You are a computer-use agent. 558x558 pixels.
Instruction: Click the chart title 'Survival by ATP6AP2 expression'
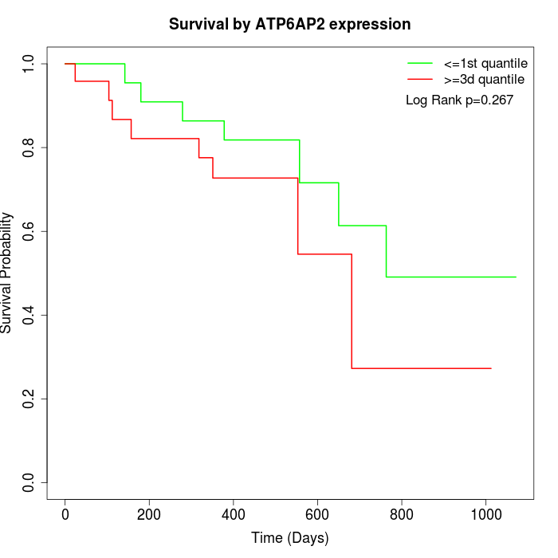(289, 25)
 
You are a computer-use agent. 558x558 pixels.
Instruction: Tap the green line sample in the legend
(420, 63)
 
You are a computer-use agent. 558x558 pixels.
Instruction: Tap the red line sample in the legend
(420, 80)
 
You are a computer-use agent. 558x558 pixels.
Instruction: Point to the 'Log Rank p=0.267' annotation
(459, 100)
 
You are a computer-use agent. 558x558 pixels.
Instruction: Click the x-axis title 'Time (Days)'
(289, 538)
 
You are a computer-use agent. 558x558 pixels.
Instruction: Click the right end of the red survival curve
(491, 368)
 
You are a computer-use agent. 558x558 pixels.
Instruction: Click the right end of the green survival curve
(516, 277)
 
